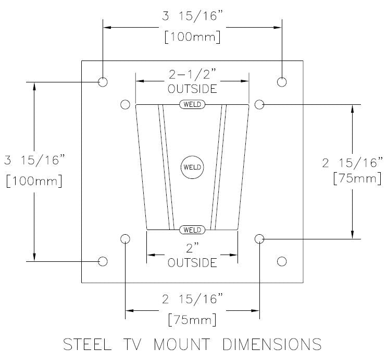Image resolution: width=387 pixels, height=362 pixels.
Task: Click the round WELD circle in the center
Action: [192, 167]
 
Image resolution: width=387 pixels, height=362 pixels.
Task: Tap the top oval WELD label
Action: [192, 104]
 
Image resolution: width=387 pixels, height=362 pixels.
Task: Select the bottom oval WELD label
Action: [192, 230]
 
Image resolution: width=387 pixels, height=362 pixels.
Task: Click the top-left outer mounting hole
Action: [103, 82]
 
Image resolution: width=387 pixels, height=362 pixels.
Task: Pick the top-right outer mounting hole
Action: [282, 82]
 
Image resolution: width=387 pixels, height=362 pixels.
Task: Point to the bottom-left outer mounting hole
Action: [103, 261]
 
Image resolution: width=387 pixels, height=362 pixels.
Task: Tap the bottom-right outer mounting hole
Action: [282, 261]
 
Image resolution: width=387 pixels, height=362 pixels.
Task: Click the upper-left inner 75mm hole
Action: [125, 104]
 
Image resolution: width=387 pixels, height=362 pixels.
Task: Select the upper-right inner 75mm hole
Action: [259, 104]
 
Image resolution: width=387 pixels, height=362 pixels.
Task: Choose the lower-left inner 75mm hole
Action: [125, 239]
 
